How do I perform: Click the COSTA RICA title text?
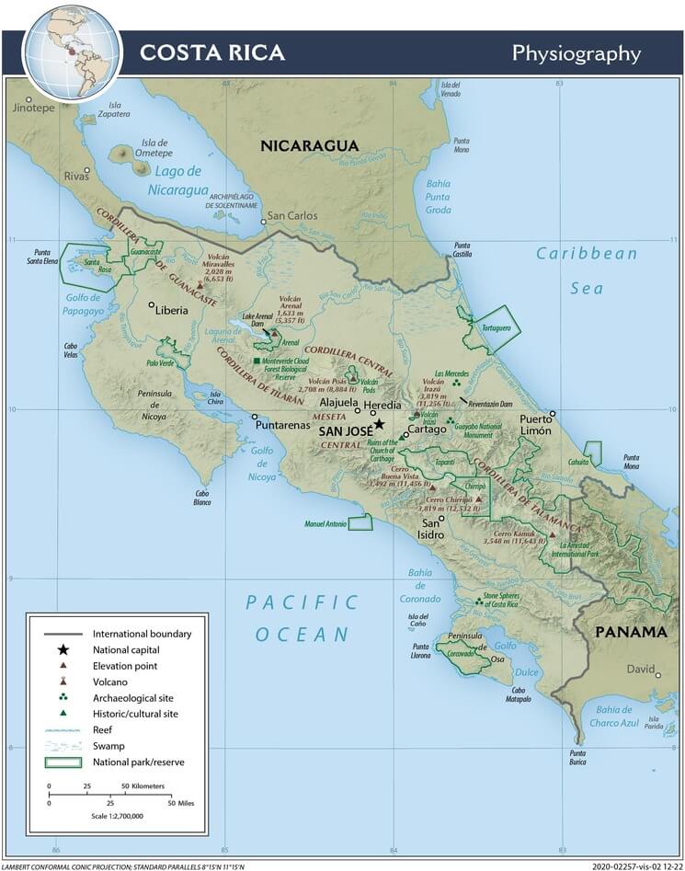click(211, 52)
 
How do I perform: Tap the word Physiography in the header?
click(576, 53)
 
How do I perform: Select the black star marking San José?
click(379, 424)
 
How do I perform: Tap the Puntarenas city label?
click(283, 426)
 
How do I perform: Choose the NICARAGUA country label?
click(308, 146)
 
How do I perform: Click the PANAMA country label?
click(630, 632)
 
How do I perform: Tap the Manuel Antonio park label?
click(325, 524)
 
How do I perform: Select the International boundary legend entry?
click(142, 634)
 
